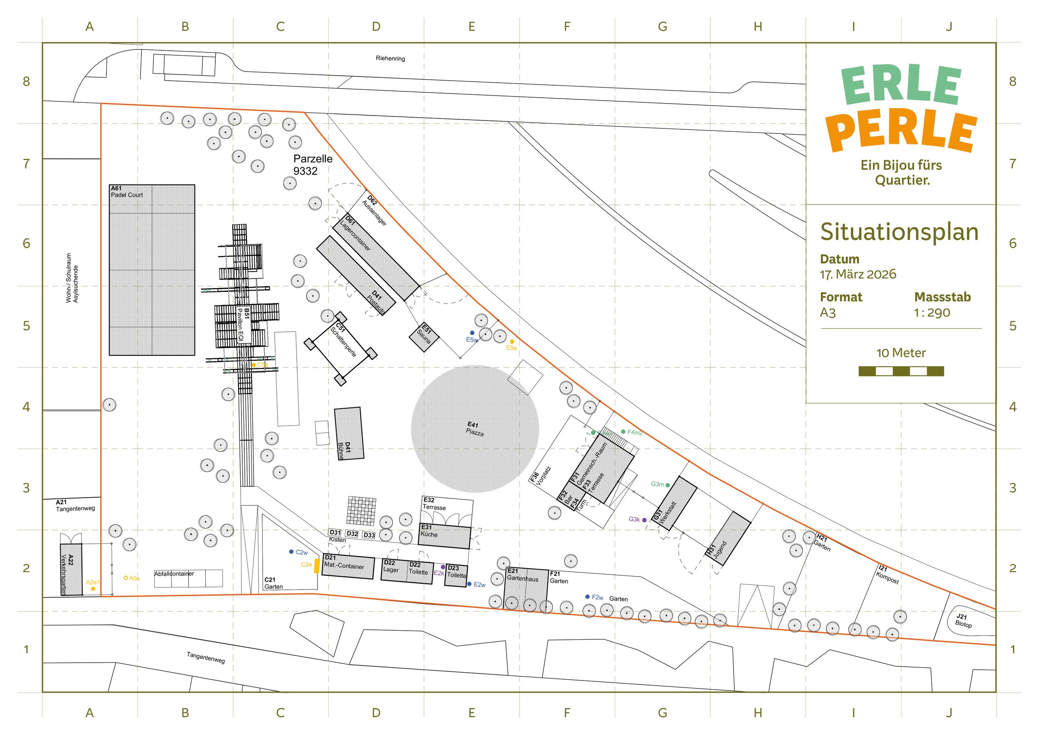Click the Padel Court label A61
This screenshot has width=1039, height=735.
[126, 192]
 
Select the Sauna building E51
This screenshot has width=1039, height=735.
[424, 337]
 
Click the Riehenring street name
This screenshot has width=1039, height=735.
[390, 58]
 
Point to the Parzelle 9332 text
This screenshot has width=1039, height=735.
[312, 165]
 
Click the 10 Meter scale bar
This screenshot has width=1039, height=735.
[901, 372]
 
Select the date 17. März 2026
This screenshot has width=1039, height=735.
[857, 274]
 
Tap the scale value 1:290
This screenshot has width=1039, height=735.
[932, 313]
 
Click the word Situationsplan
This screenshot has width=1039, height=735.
[899, 232]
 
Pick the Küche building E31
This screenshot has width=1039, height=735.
[444, 536]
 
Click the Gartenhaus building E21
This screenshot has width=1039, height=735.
[526, 588]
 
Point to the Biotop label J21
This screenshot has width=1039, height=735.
[963, 621]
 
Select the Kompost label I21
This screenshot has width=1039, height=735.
[887, 575]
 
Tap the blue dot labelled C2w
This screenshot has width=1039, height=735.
[291, 552]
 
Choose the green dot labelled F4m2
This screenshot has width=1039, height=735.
[623, 432]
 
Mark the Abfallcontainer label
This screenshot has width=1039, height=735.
[174, 574]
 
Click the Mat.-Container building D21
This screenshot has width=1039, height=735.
[348, 567]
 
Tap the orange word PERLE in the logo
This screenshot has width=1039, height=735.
[901, 131]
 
